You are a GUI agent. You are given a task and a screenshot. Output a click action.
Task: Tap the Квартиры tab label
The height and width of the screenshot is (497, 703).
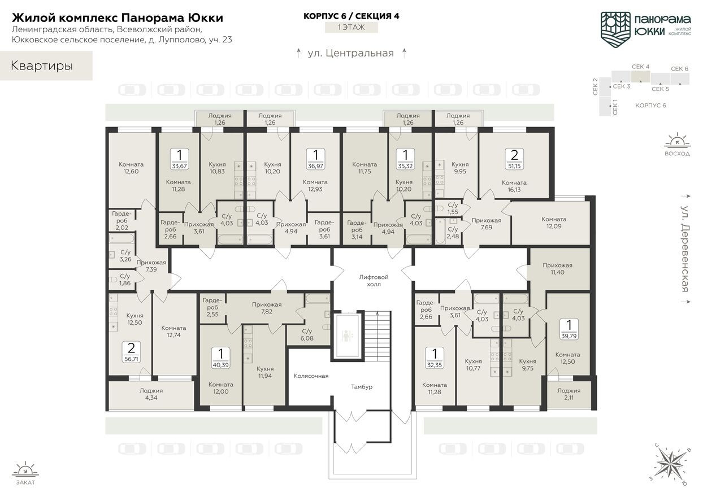coord(42,66)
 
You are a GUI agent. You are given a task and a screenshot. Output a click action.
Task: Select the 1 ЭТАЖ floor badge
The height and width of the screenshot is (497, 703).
coord(351,27)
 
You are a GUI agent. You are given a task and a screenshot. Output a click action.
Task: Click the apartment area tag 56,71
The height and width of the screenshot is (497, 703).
coord(131,352)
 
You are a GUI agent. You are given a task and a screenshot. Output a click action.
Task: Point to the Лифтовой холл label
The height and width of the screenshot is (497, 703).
coord(374,281)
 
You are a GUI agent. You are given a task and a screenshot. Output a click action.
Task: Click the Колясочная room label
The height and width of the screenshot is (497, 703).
coord(311,376)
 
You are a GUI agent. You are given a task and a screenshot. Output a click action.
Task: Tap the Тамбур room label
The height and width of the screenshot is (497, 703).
coord(362,386)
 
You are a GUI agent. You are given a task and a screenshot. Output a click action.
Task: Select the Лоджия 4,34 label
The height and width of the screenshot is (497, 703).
coord(151,394)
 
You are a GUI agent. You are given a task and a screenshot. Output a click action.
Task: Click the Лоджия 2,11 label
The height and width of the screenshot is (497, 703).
coord(569,394)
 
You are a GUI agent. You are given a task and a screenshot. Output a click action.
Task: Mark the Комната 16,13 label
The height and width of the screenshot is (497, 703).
coord(514,186)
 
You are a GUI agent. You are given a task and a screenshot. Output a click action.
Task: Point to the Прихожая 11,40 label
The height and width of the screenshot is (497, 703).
coord(557,269)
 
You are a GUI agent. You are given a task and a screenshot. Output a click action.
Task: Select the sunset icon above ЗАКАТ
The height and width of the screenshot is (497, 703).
coord(25,470)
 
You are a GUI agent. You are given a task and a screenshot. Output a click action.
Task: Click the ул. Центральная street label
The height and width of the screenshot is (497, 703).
coord(350,54)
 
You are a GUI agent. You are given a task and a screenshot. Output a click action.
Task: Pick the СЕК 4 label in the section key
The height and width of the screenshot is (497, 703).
coord(640,67)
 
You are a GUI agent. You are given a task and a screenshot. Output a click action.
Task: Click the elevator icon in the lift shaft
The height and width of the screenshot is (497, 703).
coord(346,335)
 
